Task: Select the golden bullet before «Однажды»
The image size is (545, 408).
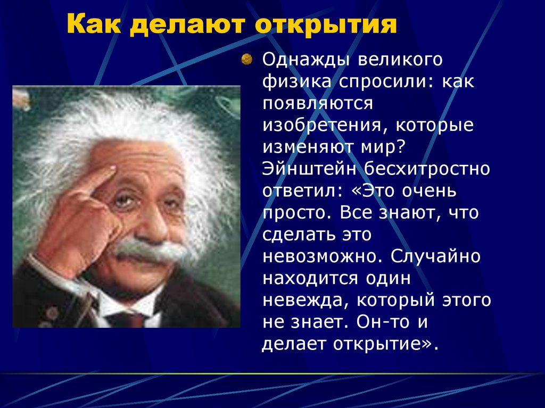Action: click(x=246, y=59)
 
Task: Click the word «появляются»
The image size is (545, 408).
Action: click(x=317, y=104)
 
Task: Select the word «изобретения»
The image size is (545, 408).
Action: click(x=323, y=126)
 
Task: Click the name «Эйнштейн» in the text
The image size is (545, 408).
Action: click(x=309, y=169)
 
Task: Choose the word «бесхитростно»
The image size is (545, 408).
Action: click(x=427, y=169)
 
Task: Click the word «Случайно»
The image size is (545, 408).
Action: click(x=435, y=256)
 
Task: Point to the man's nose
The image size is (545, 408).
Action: click(x=155, y=222)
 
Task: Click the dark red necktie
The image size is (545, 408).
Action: click(x=129, y=320)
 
